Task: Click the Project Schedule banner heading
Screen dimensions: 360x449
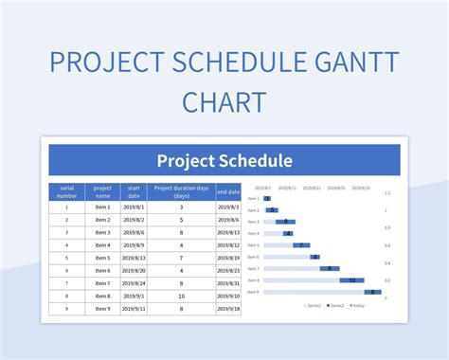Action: pyautogui.click(x=224, y=160)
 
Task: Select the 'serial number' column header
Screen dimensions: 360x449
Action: pyautogui.click(x=66, y=191)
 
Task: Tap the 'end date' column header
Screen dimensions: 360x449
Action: pyautogui.click(x=228, y=191)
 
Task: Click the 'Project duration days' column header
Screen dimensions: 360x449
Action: pyautogui.click(x=180, y=191)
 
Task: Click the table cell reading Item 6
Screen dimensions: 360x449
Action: pyautogui.click(x=103, y=270)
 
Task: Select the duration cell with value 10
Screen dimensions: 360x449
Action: pyautogui.click(x=180, y=296)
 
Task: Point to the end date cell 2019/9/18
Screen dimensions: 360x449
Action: pyautogui.click(x=228, y=308)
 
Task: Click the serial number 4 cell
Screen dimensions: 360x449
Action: pyautogui.click(x=66, y=244)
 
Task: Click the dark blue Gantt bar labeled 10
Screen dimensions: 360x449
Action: pyautogui.click(x=352, y=280)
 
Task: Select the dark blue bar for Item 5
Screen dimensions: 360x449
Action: pyautogui.click(x=302, y=245)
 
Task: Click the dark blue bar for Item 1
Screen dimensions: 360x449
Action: pyautogui.click(x=267, y=199)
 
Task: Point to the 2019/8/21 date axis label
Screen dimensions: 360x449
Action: pyautogui.click(x=313, y=188)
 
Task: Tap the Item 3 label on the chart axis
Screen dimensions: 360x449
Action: pyautogui.click(x=253, y=222)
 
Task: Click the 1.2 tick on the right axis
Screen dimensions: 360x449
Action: pyautogui.click(x=386, y=192)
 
